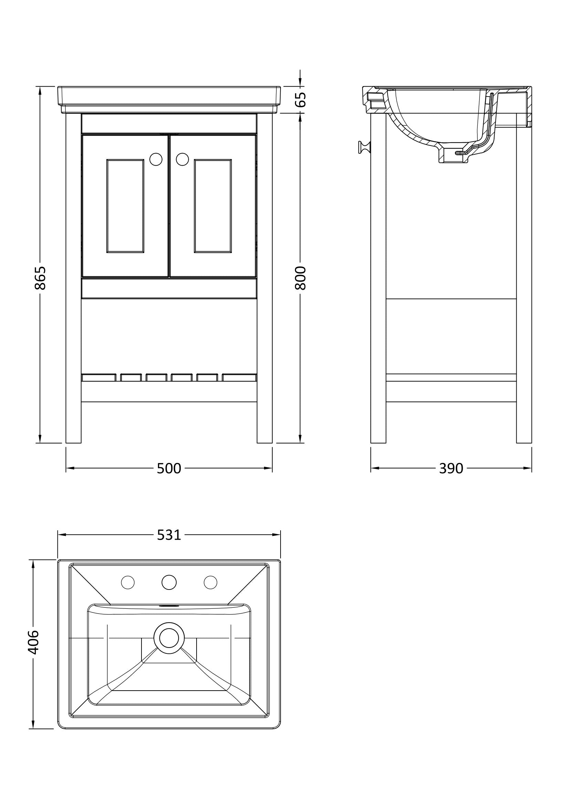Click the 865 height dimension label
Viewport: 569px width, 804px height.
[x=40, y=278]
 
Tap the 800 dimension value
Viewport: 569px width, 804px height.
[x=301, y=278]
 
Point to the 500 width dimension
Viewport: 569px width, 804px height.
[x=169, y=468]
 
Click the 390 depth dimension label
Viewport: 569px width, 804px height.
[x=451, y=468]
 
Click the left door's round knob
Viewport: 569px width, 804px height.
[x=156, y=159]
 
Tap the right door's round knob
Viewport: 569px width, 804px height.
[x=182, y=159]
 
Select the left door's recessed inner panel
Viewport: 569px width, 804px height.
[x=126, y=206]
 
